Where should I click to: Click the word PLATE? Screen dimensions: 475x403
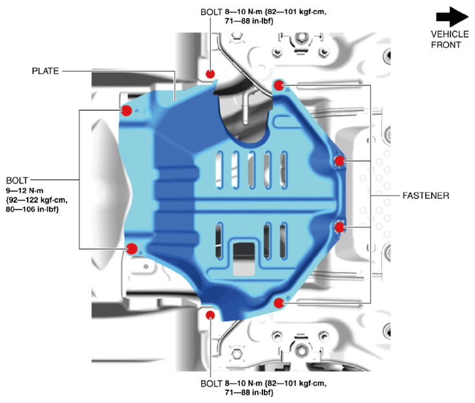(45, 71)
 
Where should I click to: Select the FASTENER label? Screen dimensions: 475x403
(426, 196)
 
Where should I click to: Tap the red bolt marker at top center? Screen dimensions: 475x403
(210, 74)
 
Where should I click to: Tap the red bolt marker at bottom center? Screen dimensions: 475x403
(210, 315)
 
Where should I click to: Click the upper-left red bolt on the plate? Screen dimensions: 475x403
(126, 110)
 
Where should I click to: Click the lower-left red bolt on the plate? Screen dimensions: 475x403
(132, 249)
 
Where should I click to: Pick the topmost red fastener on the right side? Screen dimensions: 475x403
(279, 85)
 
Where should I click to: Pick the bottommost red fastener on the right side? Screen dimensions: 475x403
(279, 303)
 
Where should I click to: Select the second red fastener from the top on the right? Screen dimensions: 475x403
(339, 161)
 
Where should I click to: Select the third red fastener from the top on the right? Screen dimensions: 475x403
(339, 227)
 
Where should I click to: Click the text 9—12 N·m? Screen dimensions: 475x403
(25, 191)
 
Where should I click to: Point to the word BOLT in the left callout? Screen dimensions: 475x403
(17, 180)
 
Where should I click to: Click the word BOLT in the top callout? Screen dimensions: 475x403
(211, 12)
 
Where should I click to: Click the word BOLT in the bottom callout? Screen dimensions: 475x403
(211, 384)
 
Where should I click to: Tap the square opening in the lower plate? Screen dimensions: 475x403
(244, 259)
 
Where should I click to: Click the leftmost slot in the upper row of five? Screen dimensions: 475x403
(219, 170)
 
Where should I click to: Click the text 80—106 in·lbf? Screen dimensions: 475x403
(32, 209)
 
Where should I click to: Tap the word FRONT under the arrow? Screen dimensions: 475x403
(446, 45)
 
